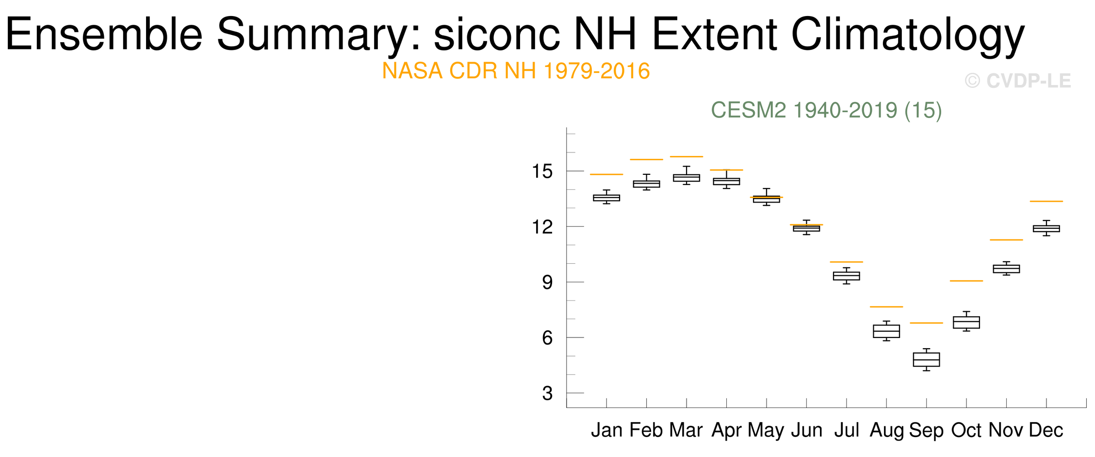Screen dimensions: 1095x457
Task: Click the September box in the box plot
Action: pyautogui.click(x=926, y=359)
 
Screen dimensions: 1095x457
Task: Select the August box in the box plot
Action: pyautogui.click(x=886, y=331)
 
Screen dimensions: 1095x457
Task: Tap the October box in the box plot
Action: pyautogui.click(x=966, y=322)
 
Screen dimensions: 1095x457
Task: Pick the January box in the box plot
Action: pyautogui.click(x=606, y=198)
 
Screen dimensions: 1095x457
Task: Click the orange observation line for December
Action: pyautogui.click(x=1046, y=201)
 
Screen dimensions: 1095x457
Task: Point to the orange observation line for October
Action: pyautogui.click(x=966, y=281)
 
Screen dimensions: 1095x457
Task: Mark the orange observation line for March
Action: pyautogui.click(x=686, y=156)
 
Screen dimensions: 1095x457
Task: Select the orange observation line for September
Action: pyautogui.click(x=926, y=323)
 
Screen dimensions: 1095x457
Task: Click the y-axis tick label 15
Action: pyautogui.click(x=542, y=171)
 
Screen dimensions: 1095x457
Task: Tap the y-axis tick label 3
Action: pyautogui.click(x=548, y=393)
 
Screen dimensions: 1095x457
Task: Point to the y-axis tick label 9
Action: pyautogui.click(x=548, y=282)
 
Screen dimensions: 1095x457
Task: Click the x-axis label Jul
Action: pyautogui.click(x=847, y=430)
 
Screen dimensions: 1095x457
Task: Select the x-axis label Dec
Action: pyautogui.click(x=1046, y=430)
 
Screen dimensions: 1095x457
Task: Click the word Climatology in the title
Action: pyautogui.click(x=908, y=35)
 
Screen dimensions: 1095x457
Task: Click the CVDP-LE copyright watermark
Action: pyautogui.click(x=1018, y=81)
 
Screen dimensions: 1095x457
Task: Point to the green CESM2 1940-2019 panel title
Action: pyautogui.click(x=826, y=110)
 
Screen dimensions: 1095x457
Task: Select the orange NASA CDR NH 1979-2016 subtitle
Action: pyautogui.click(x=516, y=71)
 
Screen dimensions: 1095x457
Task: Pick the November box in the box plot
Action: pyautogui.click(x=1006, y=269)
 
